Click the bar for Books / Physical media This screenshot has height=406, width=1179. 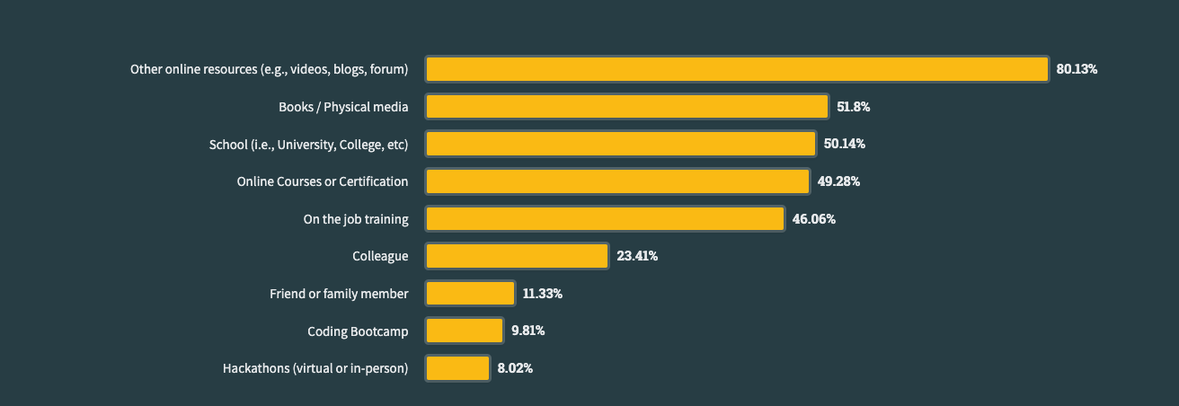(626, 107)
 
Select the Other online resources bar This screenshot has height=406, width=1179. (737, 69)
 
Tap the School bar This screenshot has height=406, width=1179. (620, 144)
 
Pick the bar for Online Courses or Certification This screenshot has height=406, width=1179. (617, 181)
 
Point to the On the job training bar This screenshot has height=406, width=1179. (605, 218)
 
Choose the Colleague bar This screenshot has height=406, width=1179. (517, 256)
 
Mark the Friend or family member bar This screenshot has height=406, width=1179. (470, 294)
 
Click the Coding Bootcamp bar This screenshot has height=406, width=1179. (464, 331)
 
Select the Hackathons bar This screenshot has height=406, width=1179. (457, 368)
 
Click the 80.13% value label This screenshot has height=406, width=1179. (1077, 69)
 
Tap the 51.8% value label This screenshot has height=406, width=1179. (853, 107)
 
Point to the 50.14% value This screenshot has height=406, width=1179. (844, 144)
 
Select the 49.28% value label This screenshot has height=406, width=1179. (838, 181)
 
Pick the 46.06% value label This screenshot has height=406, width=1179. (813, 218)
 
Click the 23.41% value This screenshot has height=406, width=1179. (637, 256)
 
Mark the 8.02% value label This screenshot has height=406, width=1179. (515, 368)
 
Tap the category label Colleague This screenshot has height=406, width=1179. (380, 256)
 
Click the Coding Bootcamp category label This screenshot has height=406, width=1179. (358, 331)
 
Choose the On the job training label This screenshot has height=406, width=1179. (356, 219)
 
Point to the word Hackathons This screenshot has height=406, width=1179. (256, 368)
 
